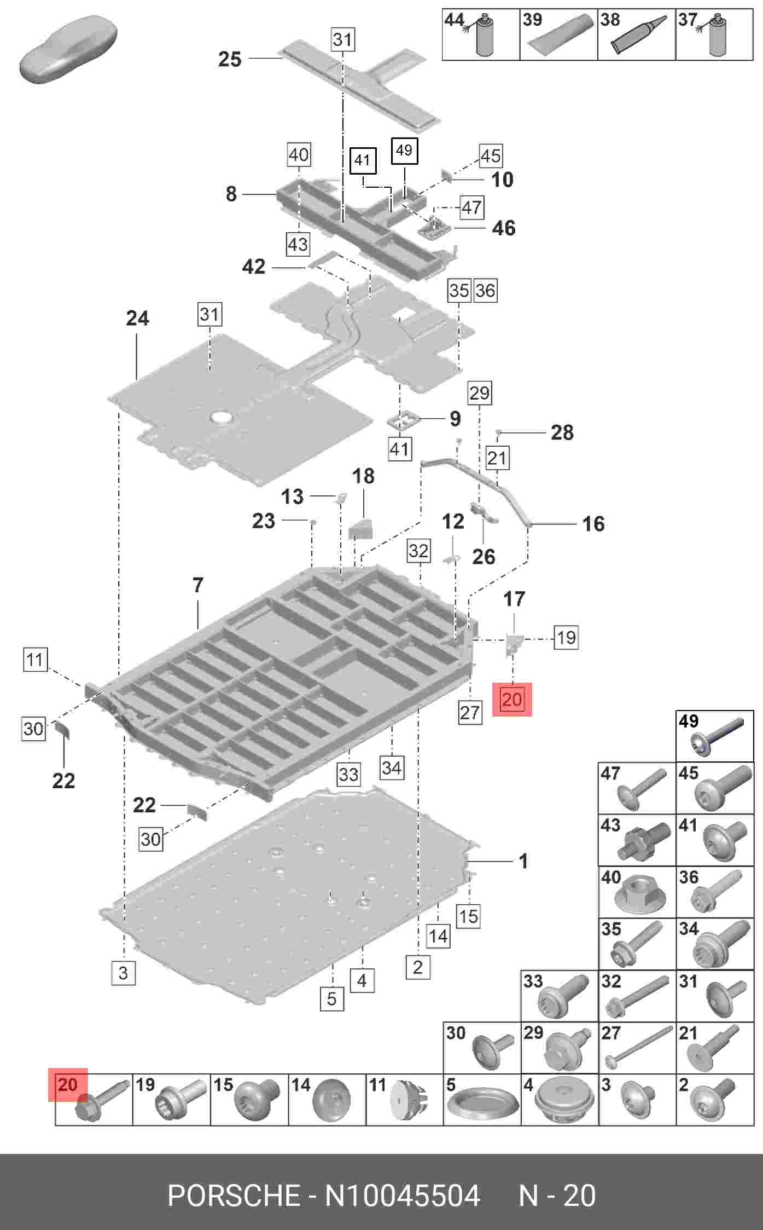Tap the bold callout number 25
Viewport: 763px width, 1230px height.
pos(229,59)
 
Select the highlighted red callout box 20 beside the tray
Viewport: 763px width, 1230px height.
pos(512,699)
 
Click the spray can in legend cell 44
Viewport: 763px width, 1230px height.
pos(484,37)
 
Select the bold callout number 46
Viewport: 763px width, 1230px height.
pos(503,228)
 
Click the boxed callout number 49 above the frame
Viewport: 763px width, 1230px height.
pos(404,150)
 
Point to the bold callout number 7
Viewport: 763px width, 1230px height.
pos(198,585)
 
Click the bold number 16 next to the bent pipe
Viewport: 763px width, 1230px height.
pos(593,524)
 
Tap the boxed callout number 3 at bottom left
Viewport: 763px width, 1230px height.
pos(123,973)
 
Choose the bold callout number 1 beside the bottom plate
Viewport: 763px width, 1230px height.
pos(523,861)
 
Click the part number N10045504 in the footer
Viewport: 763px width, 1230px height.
pos(403,1196)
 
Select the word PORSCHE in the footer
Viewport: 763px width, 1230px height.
pos(234,1196)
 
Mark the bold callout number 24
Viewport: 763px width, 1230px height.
pos(137,318)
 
